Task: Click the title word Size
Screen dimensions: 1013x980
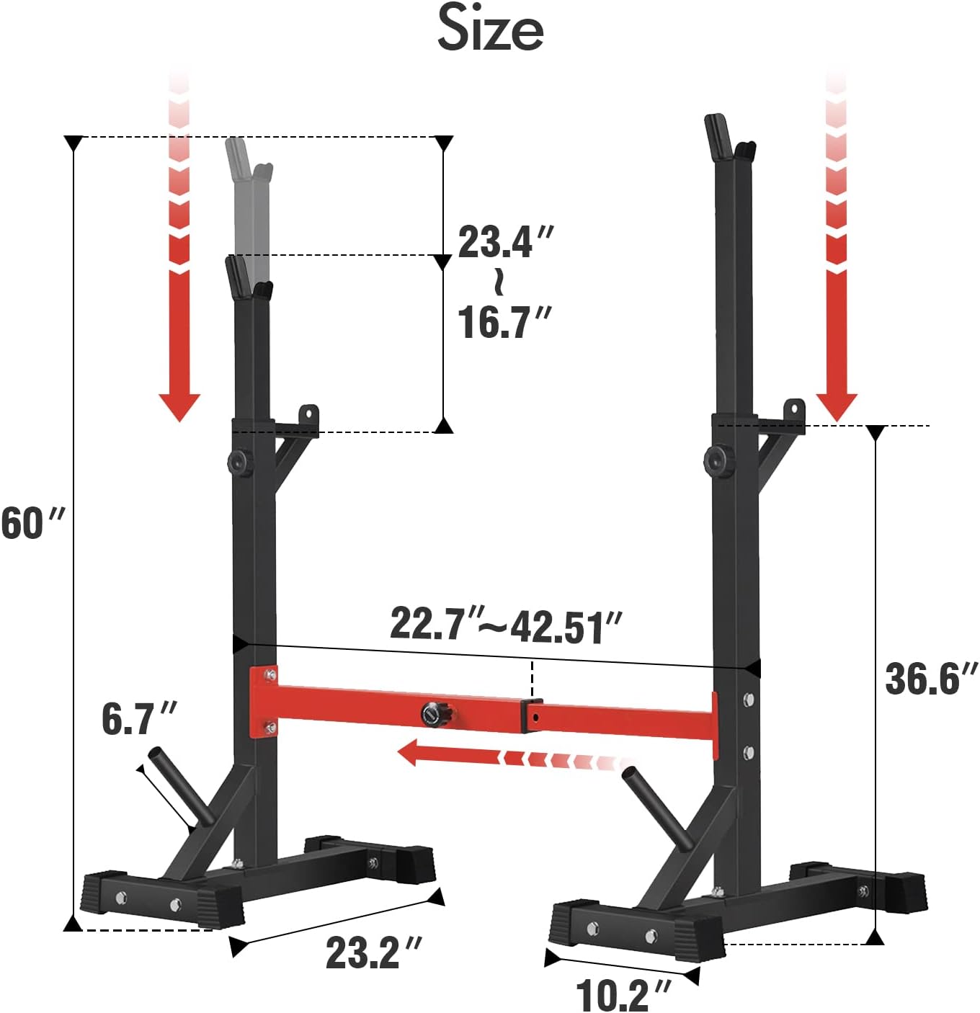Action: coord(490,29)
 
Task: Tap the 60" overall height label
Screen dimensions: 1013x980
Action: coord(32,523)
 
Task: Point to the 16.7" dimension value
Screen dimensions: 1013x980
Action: coord(504,322)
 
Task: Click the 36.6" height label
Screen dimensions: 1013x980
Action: coord(930,679)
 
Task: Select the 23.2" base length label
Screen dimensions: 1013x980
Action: coord(373,952)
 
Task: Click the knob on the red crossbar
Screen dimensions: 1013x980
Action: coord(434,714)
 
